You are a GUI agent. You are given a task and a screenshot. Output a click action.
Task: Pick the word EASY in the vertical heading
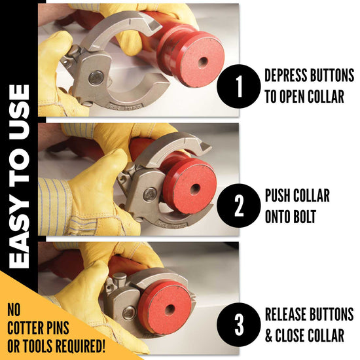click(20, 234)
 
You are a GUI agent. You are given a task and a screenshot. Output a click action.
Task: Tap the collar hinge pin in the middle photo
click(150, 194)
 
